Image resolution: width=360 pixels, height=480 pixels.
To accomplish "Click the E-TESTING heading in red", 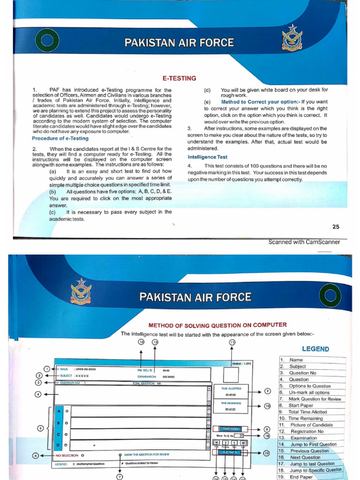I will [179, 78].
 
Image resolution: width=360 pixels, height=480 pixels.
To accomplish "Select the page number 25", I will [336, 227].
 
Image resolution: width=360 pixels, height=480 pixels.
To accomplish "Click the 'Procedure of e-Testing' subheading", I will [60, 138].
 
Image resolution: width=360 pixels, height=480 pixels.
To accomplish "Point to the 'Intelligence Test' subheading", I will [208, 157].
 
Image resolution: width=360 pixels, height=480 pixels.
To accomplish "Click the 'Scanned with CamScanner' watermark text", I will [304, 242].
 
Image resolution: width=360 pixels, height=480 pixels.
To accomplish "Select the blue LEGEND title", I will [315, 349].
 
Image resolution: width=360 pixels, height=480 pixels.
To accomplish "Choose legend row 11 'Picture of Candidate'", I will [310, 425].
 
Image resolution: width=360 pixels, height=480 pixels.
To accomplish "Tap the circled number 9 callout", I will [268, 391].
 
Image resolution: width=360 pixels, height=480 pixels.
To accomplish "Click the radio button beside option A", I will [67, 411].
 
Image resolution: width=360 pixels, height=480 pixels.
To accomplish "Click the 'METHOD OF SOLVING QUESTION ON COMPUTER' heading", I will [217, 325].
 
